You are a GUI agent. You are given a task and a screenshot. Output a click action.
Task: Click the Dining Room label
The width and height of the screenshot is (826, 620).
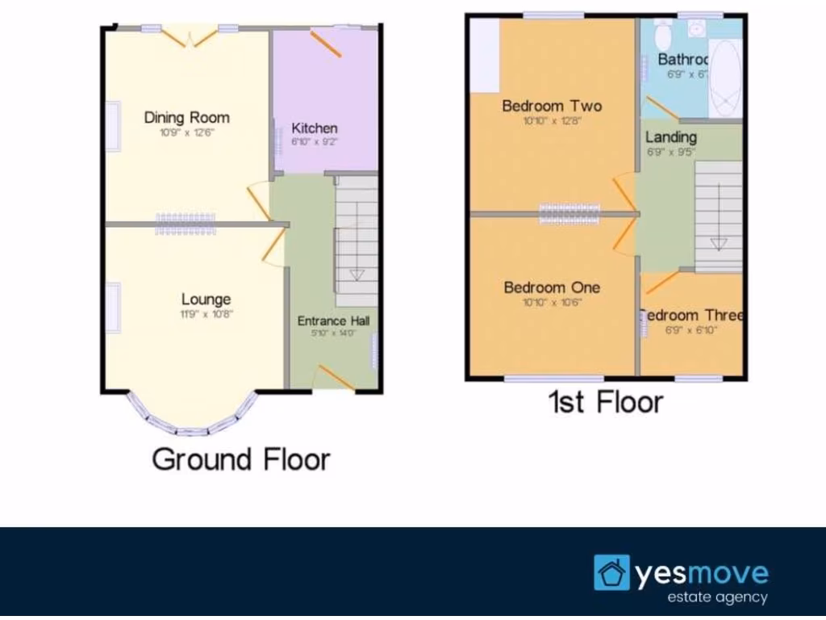[186, 118]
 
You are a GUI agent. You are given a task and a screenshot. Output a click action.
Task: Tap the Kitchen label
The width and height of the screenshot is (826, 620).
[315, 128]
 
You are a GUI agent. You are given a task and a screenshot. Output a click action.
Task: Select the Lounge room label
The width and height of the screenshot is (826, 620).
[206, 300]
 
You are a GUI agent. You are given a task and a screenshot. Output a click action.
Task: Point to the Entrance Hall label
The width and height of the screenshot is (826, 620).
[334, 321]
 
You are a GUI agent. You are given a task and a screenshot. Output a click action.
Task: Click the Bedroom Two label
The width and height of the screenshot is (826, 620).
[552, 106]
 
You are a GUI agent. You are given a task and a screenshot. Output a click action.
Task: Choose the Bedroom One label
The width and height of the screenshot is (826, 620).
[552, 287]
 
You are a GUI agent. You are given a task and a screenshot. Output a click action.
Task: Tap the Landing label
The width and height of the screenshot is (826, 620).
[671, 137]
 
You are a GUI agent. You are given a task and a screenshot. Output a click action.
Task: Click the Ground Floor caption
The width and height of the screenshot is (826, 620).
[241, 459]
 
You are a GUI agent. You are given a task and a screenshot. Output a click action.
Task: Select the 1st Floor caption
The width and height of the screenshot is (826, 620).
[606, 401]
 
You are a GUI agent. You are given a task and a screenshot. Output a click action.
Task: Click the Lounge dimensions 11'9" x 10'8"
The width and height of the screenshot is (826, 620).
[207, 315]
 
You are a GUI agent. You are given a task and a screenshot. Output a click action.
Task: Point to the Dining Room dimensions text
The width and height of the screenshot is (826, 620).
[186, 133]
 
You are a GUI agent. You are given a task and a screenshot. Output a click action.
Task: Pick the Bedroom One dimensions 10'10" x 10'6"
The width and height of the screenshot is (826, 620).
[553, 303]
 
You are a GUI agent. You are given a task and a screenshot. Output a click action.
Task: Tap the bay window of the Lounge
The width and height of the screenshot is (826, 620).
[192, 420]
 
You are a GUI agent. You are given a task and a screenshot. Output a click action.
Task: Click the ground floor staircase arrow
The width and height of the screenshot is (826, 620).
[357, 274]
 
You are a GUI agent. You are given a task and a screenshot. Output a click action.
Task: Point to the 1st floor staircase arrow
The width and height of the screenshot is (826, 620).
[718, 242]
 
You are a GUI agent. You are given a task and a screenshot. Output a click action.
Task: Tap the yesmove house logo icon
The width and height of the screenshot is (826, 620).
[611, 572]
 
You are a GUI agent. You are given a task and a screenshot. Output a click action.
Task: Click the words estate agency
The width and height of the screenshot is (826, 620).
[717, 598]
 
